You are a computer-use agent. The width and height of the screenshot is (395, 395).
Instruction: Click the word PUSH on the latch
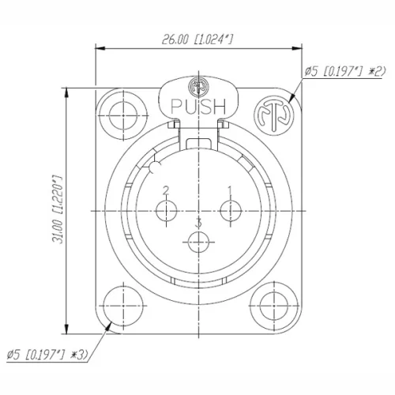(x=197, y=105)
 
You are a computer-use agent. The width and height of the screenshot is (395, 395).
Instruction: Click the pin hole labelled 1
(x=230, y=211)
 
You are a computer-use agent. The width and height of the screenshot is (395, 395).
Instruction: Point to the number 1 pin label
(x=229, y=190)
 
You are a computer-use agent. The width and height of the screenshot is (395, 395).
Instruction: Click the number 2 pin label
(x=167, y=190)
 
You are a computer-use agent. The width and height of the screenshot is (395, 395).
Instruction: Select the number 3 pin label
(x=198, y=223)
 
